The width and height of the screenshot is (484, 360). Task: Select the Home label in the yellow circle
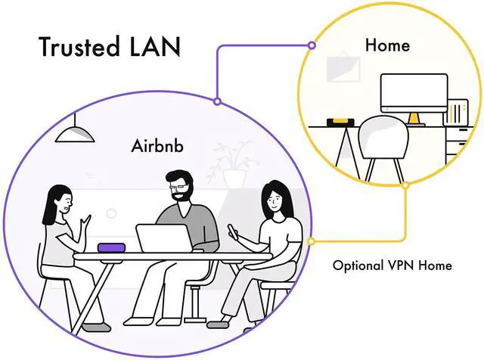click(x=387, y=45)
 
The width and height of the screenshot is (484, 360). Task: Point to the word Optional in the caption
click(x=360, y=265)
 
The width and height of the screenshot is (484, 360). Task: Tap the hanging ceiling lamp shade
click(x=75, y=133)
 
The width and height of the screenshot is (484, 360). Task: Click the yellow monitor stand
click(x=413, y=118)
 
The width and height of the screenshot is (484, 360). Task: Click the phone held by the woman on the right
click(x=232, y=228)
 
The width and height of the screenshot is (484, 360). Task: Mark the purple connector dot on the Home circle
click(x=310, y=45)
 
